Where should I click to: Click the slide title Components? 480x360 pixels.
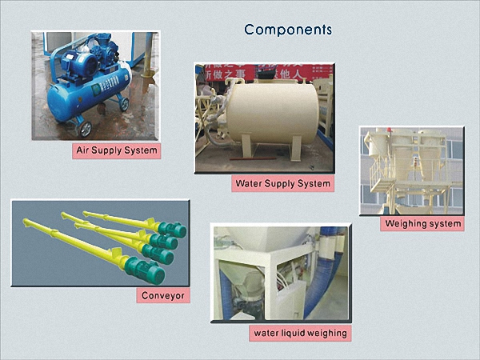click(288, 30)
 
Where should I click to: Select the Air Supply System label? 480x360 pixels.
click(116, 150)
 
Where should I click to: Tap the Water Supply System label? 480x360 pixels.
click(282, 183)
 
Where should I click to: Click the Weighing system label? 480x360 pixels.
click(422, 223)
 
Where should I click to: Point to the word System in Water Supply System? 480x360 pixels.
click(310, 183)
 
